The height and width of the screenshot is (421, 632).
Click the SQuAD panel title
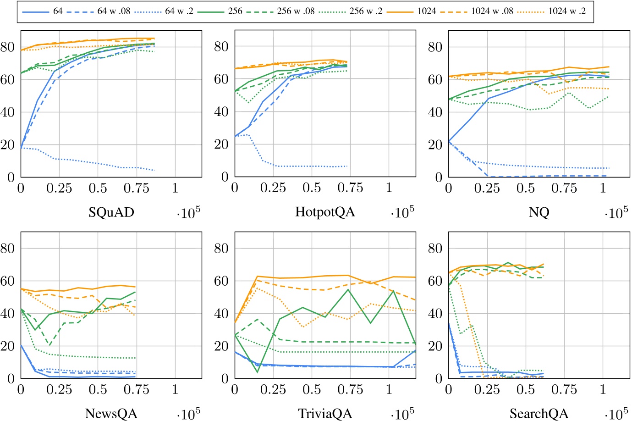111,212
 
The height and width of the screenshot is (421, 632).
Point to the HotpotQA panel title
325,212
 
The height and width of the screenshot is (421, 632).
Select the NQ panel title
539,212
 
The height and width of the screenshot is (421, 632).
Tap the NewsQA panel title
111,413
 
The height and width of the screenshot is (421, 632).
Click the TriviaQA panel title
325,413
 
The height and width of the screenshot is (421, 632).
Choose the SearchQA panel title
539,413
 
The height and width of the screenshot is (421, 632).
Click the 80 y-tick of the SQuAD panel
8,47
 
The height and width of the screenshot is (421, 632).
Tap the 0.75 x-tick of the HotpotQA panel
350,188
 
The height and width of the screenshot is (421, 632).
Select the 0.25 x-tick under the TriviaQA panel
273,390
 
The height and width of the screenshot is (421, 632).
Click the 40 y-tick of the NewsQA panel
8,314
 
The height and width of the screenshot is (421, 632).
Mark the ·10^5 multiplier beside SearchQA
616,413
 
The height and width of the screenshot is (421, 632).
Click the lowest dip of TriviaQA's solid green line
258,372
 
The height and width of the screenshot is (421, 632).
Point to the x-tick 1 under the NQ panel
603,188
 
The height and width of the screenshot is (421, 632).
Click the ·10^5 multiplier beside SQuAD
188,212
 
